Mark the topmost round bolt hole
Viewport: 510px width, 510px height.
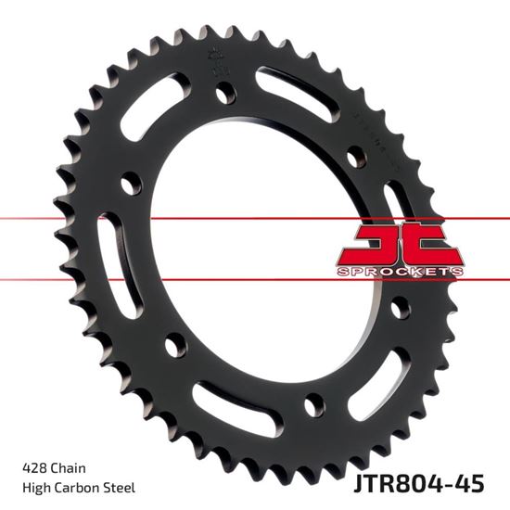[223, 93]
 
